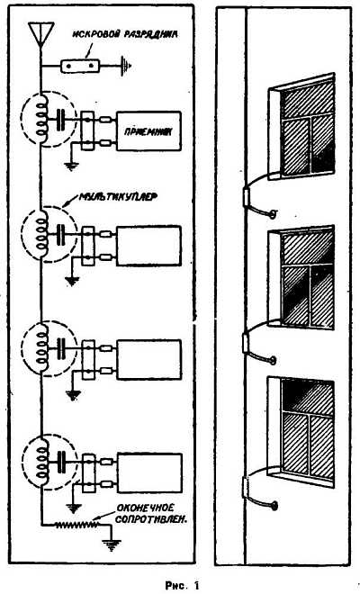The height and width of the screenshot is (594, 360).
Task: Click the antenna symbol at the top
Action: [x=41, y=31]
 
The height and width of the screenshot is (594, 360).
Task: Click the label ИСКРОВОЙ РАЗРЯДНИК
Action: [x=125, y=35]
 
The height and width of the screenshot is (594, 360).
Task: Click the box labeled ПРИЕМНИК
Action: [x=148, y=131]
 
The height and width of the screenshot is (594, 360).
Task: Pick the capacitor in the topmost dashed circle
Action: [x=60, y=120]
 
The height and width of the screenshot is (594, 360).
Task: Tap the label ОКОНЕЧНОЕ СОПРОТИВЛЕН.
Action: [x=151, y=513]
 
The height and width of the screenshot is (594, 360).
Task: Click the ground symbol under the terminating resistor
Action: [x=112, y=544]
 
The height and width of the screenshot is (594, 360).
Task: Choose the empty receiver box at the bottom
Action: [x=149, y=472]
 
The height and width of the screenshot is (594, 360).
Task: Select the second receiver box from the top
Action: [x=148, y=245]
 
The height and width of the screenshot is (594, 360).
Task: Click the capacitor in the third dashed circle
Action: [x=61, y=347]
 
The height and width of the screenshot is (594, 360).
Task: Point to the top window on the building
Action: [x=301, y=126]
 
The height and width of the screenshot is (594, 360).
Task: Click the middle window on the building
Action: [x=301, y=277]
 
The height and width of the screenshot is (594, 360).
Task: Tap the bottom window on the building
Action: [x=301, y=431]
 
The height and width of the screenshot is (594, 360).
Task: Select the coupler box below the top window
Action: [x=247, y=197]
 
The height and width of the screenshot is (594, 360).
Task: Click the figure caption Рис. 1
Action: [x=183, y=585]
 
